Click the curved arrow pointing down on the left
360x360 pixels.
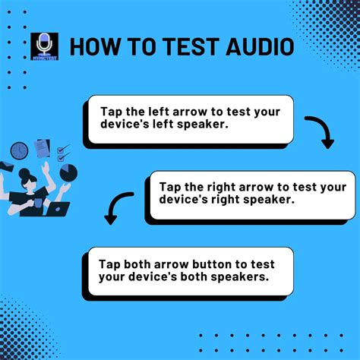click(116, 208)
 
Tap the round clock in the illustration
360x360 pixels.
click(20, 151)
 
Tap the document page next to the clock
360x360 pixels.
click(42, 148)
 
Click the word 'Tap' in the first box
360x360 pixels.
click(111, 110)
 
